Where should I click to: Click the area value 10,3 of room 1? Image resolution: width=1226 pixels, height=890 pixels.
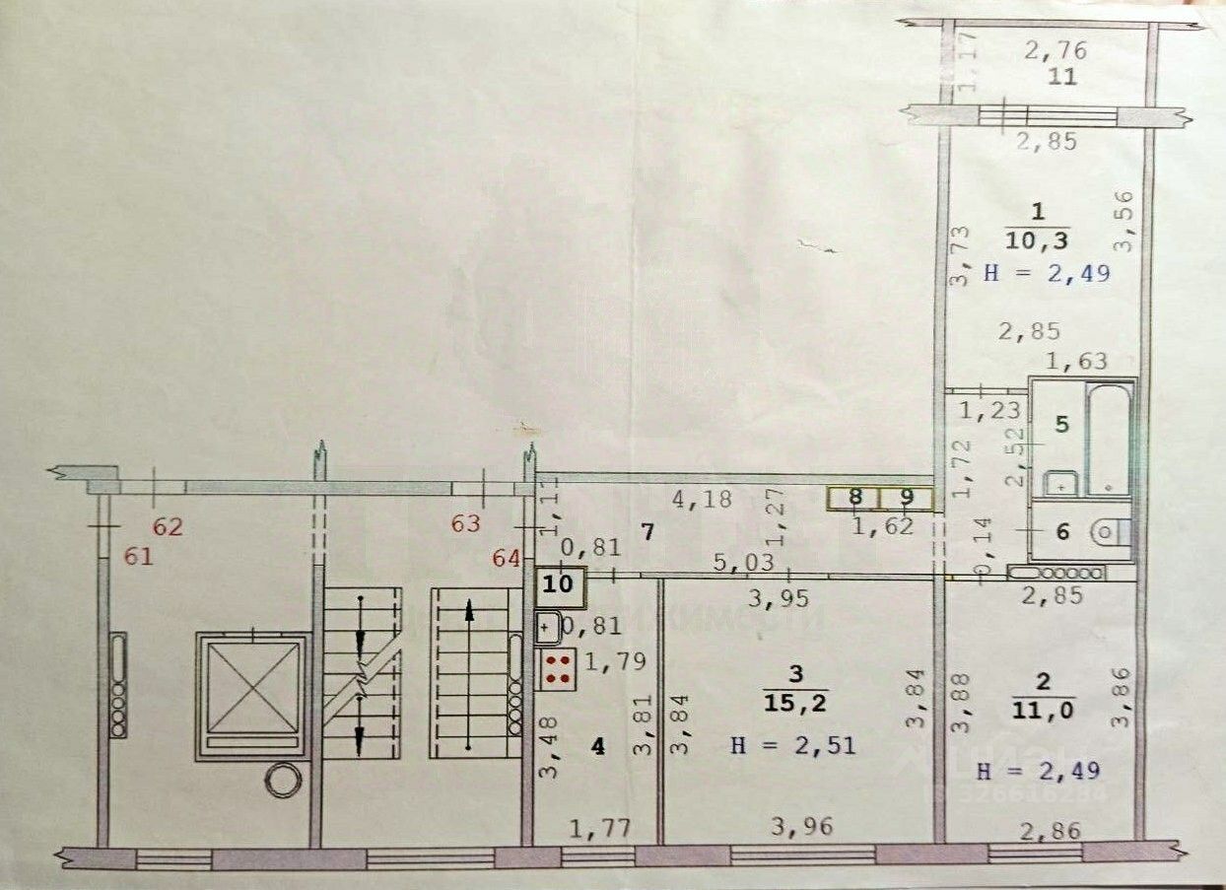click(x=1036, y=240)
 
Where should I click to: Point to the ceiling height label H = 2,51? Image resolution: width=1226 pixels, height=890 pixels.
click(x=792, y=746)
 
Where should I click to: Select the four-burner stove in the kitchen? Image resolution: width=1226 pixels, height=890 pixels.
click(x=558, y=669)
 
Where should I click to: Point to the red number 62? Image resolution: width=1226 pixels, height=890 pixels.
click(x=168, y=526)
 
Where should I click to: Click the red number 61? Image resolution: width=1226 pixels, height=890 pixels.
click(x=139, y=558)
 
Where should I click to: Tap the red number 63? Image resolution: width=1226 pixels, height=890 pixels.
click(x=466, y=523)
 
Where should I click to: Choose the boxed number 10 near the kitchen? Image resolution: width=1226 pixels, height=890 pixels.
click(x=559, y=583)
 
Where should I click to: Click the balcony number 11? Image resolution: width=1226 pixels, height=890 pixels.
click(x=1062, y=77)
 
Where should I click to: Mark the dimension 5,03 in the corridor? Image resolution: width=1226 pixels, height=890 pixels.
click(x=736, y=562)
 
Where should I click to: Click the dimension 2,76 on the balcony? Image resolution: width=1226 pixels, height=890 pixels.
click(x=1050, y=47)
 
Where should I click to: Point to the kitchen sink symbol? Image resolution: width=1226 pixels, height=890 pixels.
click(x=548, y=626)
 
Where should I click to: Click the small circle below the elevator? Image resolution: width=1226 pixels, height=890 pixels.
click(x=281, y=781)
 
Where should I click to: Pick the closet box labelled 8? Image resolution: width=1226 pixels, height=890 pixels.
click(x=853, y=498)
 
